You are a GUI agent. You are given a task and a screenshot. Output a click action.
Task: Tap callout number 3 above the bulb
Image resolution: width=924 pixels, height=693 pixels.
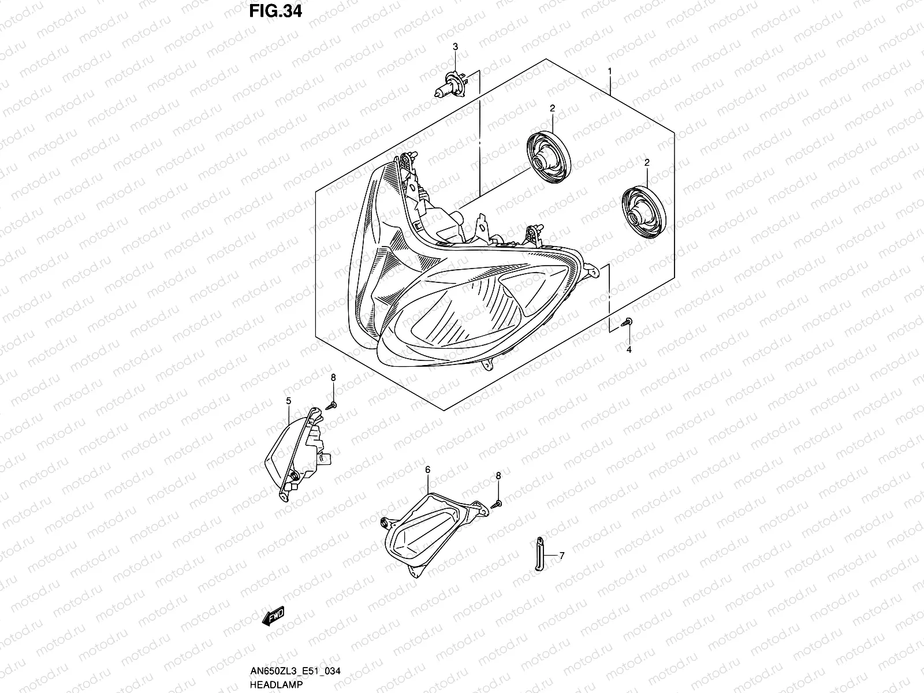[454, 46]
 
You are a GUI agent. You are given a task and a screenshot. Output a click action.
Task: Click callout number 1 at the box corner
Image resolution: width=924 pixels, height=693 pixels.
[610, 72]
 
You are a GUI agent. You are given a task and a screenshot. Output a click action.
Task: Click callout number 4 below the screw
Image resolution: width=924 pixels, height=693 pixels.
[629, 349]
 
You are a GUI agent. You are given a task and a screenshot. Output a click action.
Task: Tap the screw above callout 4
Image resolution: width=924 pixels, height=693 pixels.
[628, 323]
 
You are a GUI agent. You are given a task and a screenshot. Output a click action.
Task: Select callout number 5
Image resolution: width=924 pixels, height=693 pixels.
[288, 400]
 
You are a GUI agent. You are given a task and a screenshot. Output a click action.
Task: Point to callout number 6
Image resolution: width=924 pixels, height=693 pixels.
[427, 470]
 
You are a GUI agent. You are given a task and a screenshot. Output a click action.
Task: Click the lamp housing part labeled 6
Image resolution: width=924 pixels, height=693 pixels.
[428, 528]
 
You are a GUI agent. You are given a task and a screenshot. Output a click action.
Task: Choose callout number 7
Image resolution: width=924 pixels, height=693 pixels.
[561, 556]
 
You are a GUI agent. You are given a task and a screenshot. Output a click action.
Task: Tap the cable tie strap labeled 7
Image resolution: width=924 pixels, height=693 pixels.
[538, 554]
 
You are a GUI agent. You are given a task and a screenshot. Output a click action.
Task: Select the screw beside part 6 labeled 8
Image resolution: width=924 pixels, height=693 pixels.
[496, 504]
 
